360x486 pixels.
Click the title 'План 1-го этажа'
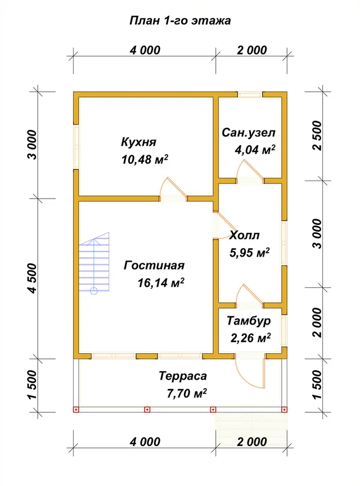click(x=180, y=21)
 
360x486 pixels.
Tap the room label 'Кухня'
click(x=138, y=142)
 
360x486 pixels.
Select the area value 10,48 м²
click(x=145, y=159)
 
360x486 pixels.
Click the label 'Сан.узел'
click(x=249, y=133)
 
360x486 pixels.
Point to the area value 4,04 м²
click(x=255, y=150)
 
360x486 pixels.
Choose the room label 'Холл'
click(x=244, y=236)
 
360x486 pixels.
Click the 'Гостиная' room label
click(x=154, y=265)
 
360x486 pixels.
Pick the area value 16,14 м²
click(x=161, y=283)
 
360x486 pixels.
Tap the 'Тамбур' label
click(x=249, y=321)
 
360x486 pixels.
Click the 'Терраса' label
click(x=183, y=376)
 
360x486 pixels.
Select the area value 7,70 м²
click(x=187, y=393)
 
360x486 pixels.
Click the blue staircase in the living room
click(x=94, y=263)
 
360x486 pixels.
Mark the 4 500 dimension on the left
click(x=32, y=278)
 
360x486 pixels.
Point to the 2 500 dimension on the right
click(x=317, y=136)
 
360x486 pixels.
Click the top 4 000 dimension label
click(x=145, y=50)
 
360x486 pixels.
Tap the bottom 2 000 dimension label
click(x=252, y=442)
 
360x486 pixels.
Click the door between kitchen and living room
click(x=173, y=190)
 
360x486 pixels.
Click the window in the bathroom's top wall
click(x=250, y=94)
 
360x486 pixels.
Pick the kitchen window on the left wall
click(x=76, y=147)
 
